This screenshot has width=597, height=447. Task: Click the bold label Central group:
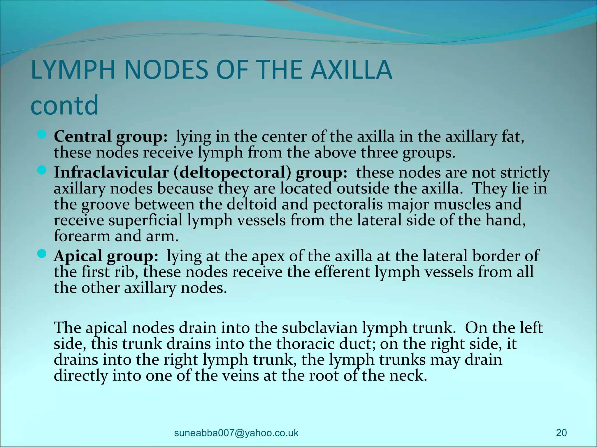click(x=111, y=136)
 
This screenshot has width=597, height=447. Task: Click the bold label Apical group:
click(x=106, y=256)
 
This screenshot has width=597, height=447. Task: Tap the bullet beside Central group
click(x=42, y=135)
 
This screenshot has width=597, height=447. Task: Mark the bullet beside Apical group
click(x=42, y=254)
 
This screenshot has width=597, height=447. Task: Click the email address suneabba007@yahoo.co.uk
click(x=236, y=433)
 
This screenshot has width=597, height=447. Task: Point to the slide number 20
click(x=561, y=433)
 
